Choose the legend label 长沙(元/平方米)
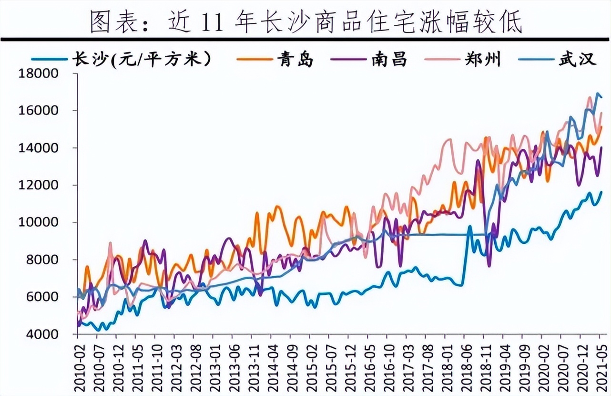click(x=141, y=60)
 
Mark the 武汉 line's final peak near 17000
click(x=598, y=94)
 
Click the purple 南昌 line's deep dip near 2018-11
click(x=489, y=265)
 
